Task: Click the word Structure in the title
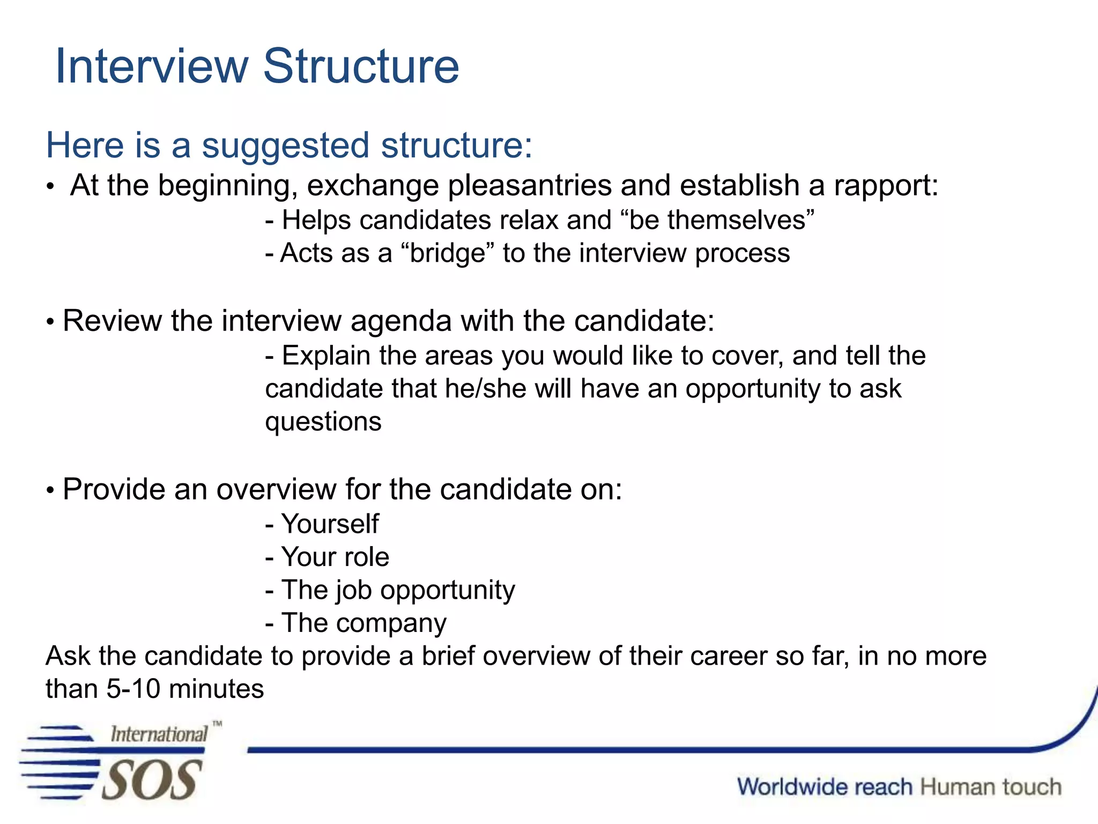click(x=361, y=67)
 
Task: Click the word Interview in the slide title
click(x=152, y=67)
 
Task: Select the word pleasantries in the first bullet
click(x=529, y=186)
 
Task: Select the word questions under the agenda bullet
click(x=323, y=422)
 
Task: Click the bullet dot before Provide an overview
click(x=50, y=490)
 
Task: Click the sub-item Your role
click(x=335, y=557)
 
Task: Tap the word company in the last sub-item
click(x=391, y=623)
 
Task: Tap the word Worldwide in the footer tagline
click(x=825, y=787)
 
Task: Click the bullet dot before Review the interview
click(x=50, y=322)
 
